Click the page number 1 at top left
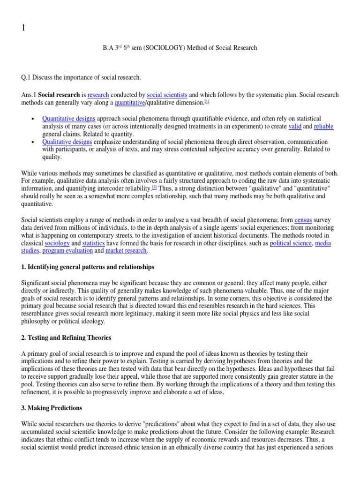[23, 28]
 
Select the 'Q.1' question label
[27, 77]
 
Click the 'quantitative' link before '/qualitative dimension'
[130, 103]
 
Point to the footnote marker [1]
[206, 101]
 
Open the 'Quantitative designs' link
[68, 119]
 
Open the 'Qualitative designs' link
[67, 142]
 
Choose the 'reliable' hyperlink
[323, 127]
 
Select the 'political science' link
[291, 243]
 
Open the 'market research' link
[126, 251]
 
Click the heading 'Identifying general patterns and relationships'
[88, 267]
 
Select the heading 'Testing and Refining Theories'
[66, 337]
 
